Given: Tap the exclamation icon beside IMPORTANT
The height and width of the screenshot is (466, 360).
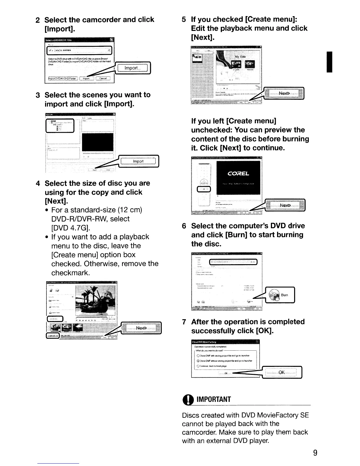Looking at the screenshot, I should [x=187, y=399].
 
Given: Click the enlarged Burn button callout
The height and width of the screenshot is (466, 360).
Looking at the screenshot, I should [x=280, y=295].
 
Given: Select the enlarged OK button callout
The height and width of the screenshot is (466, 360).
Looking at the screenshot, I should [x=281, y=372].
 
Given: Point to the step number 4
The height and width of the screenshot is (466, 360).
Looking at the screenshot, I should [x=38, y=183].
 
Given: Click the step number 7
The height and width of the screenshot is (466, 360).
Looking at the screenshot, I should [x=184, y=322].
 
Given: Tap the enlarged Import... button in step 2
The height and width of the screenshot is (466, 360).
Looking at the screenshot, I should [x=132, y=68].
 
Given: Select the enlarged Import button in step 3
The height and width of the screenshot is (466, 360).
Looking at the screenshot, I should [x=138, y=161].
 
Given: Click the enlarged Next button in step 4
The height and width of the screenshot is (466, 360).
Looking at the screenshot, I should [x=141, y=328].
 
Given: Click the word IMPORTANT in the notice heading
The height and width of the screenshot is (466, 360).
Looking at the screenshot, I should [x=214, y=399].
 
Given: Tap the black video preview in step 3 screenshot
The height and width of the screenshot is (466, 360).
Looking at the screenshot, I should [x=98, y=142].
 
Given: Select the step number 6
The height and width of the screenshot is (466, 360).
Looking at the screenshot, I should [x=184, y=226].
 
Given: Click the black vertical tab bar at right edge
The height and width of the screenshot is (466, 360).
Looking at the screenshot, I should [x=330, y=61].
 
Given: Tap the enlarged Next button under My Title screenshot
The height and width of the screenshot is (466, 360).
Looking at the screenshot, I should [x=284, y=93].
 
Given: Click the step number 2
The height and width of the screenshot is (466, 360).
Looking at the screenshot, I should [x=38, y=20].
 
